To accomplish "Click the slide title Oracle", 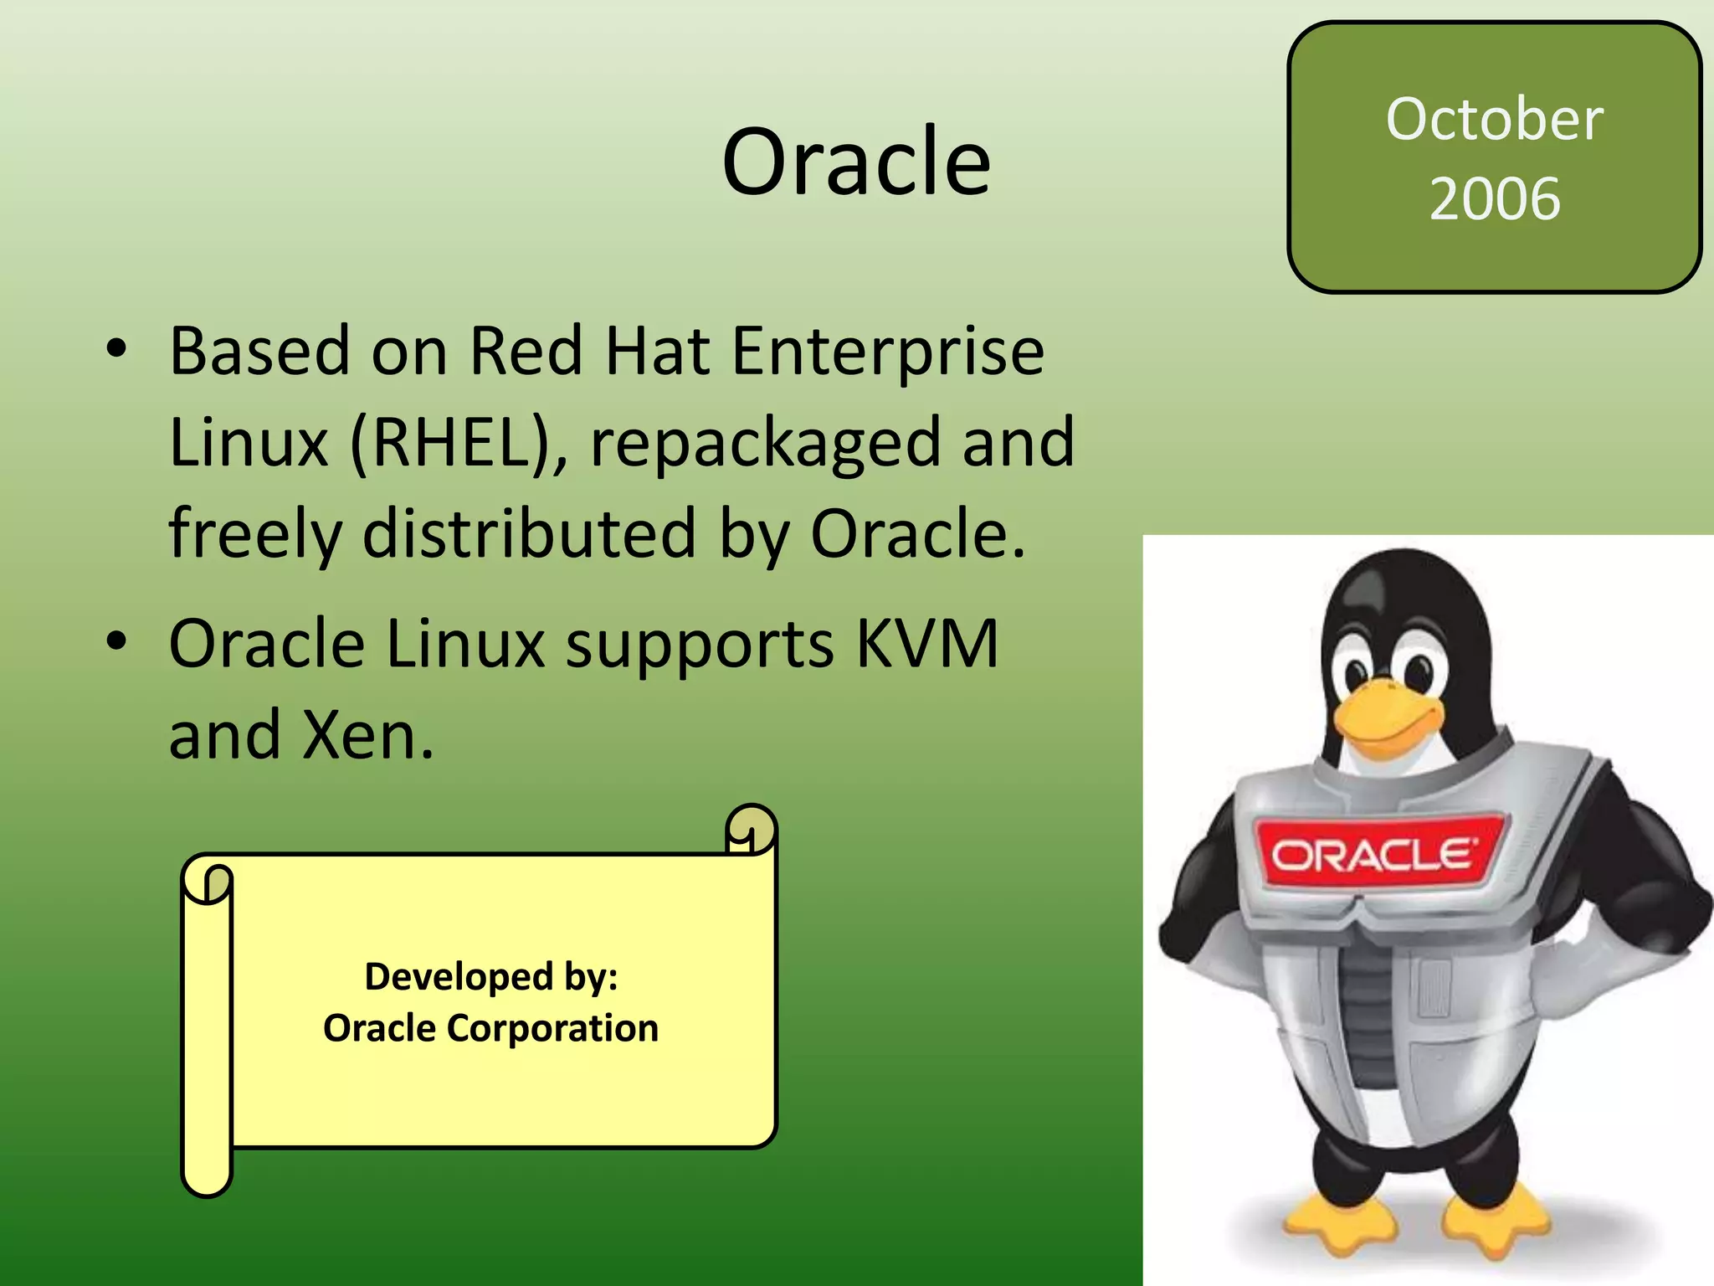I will pyautogui.click(x=856, y=162).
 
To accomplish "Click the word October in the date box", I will pyautogui.click(x=1495, y=119).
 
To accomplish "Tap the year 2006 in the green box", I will pyautogui.click(x=1495, y=198).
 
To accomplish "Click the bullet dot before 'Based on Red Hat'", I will pyautogui.click(x=116, y=349).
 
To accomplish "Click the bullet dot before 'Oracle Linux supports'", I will pyautogui.click(x=116, y=642).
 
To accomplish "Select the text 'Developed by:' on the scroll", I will pyautogui.click(x=491, y=976).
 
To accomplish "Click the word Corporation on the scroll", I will pyautogui.click(x=552, y=1028).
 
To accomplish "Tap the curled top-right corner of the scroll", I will pyautogui.click(x=751, y=830).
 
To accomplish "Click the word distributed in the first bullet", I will pyautogui.click(x=529, y=533).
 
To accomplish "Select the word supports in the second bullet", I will pyautogui.click(x=699, y=644).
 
